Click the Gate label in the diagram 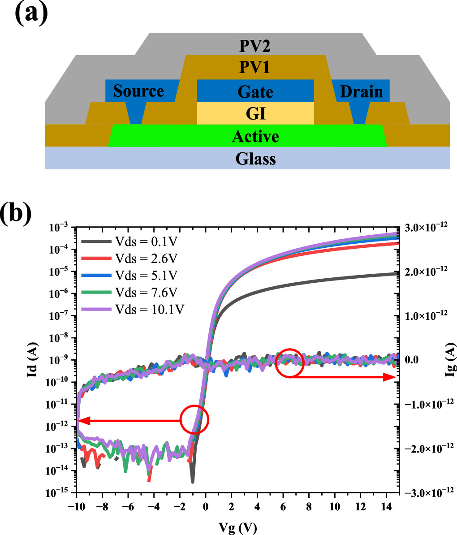256,91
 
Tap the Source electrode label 138,91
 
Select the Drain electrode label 362,91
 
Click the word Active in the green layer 255,136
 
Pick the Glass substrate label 256,158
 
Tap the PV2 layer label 256,46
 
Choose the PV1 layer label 256,68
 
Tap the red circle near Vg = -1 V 194,419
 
